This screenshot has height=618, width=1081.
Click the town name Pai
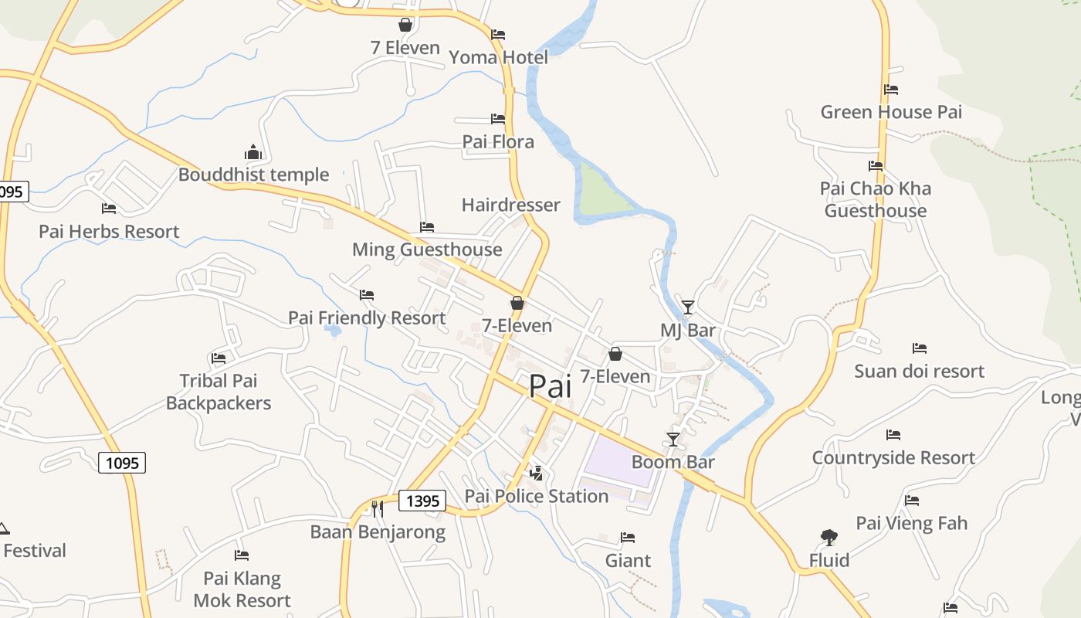(551, 386)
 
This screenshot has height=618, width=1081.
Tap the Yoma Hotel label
(498, 57)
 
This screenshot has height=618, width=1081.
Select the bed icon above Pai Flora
(498, 119)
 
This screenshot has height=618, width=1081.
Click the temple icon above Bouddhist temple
(253, 152)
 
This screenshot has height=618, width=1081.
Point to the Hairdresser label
(510, 205)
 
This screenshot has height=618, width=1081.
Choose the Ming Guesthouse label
(427, 250)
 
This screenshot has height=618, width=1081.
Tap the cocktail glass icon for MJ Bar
(688, 307)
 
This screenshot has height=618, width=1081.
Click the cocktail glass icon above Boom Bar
(673, 440)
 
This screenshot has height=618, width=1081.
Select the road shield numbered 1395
(423, 501)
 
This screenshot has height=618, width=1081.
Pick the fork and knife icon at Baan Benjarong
(377, 508)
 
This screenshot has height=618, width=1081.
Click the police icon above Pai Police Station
(536, 473)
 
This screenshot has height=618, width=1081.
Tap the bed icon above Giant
(628, 538)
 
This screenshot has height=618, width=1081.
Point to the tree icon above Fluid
(829, 537)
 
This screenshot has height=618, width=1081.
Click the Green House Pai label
(891, 112)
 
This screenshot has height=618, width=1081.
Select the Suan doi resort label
(919, 372)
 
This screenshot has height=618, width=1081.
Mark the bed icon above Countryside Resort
(893, 435)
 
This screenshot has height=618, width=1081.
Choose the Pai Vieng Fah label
(911, 523)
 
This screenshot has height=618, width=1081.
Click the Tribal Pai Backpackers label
(219, 392)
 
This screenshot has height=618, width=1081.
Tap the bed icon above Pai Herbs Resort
(109, 209)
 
